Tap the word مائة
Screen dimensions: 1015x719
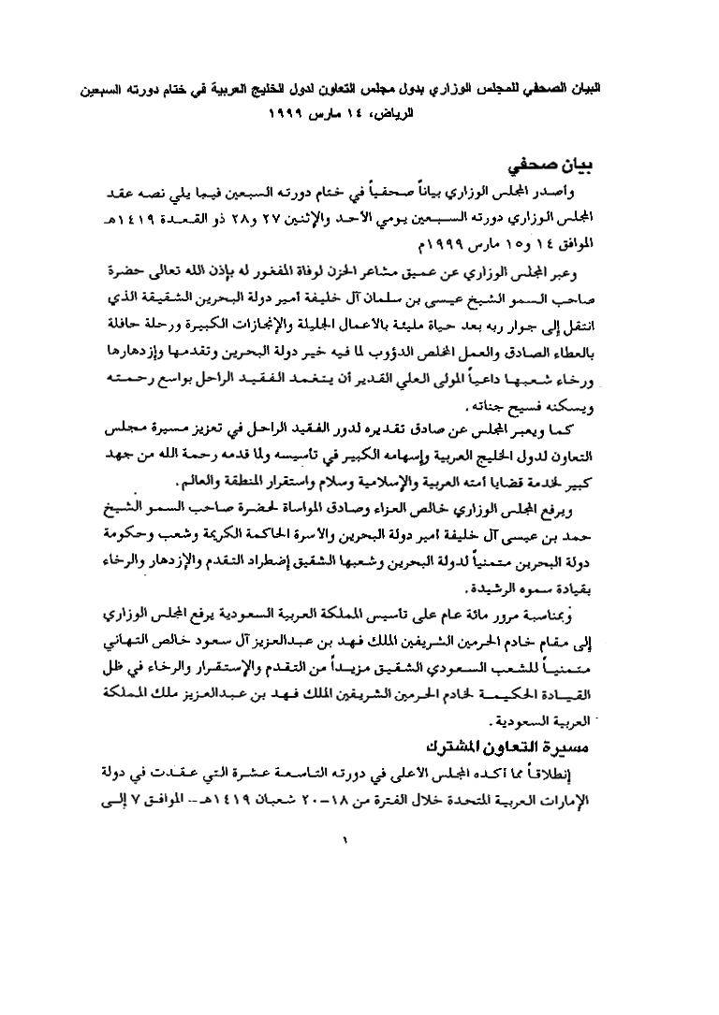(501, 618)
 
